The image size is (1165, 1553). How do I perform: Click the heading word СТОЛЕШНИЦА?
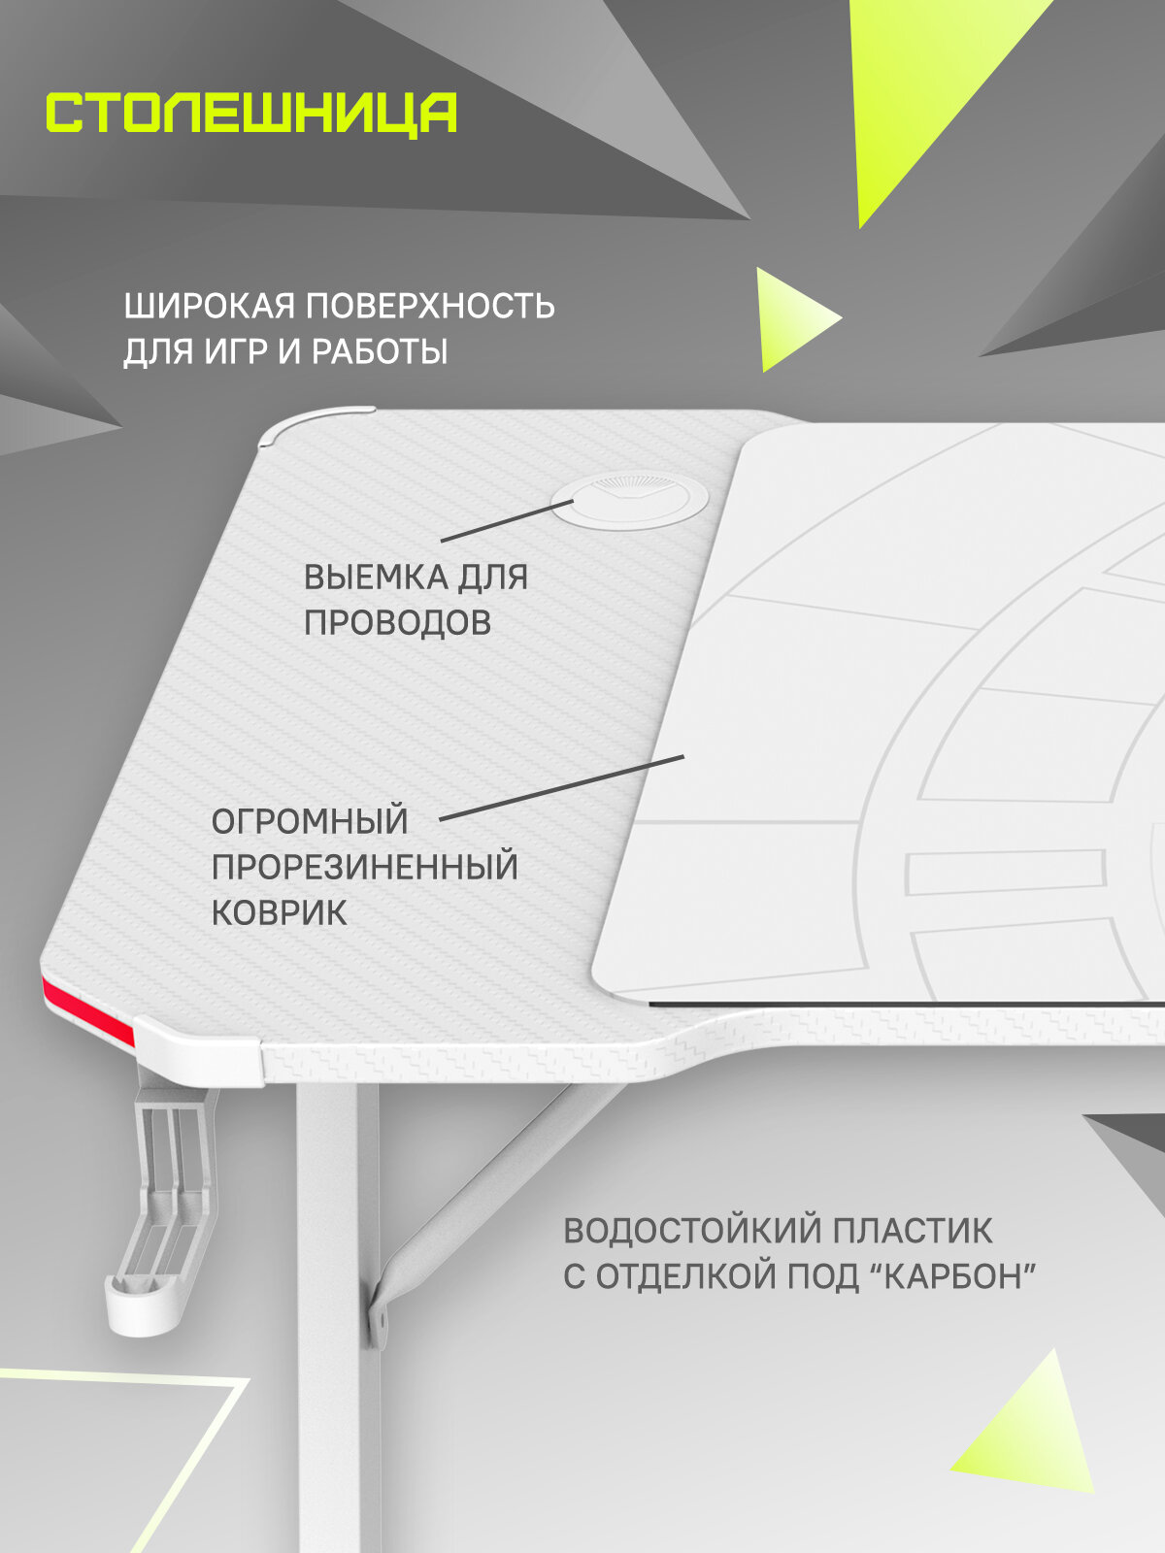click(x=251, y=114)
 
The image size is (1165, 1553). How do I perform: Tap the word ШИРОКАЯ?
click(x=209, y=306)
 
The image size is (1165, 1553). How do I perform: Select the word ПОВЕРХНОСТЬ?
click(x=430, y=306)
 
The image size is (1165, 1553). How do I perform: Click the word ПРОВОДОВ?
click(x=397, y=622)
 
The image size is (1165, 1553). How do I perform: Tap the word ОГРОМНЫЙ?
click(x=310, y=821)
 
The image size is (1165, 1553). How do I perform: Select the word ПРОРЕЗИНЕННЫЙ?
click(x=364, y=867)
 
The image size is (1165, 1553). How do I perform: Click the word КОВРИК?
click(x=279, y=912)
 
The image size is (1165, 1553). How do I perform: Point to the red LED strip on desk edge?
click(x=87, y=1010)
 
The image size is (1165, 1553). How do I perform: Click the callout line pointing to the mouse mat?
click(x=563, y=787)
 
